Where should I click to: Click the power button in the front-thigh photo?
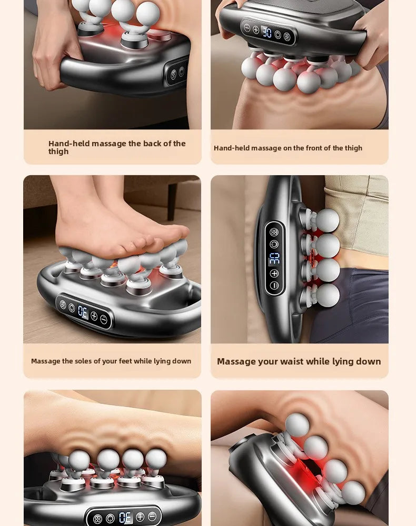(x=278, y=35)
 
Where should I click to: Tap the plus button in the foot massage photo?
(x=94, y=316)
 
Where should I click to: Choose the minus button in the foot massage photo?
(x=104, y=319)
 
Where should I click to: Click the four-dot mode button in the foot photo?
(x=63, y=305)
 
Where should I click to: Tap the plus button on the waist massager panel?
(x=274, y=274)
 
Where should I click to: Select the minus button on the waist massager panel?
(x=274, y=286)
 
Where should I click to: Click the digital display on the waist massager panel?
(x=274, y=259)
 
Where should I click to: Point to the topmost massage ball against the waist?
(x=328, y=220)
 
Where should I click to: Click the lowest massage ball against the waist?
(x=328, y=295)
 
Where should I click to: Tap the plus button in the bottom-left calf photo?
(x=140, y=518)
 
